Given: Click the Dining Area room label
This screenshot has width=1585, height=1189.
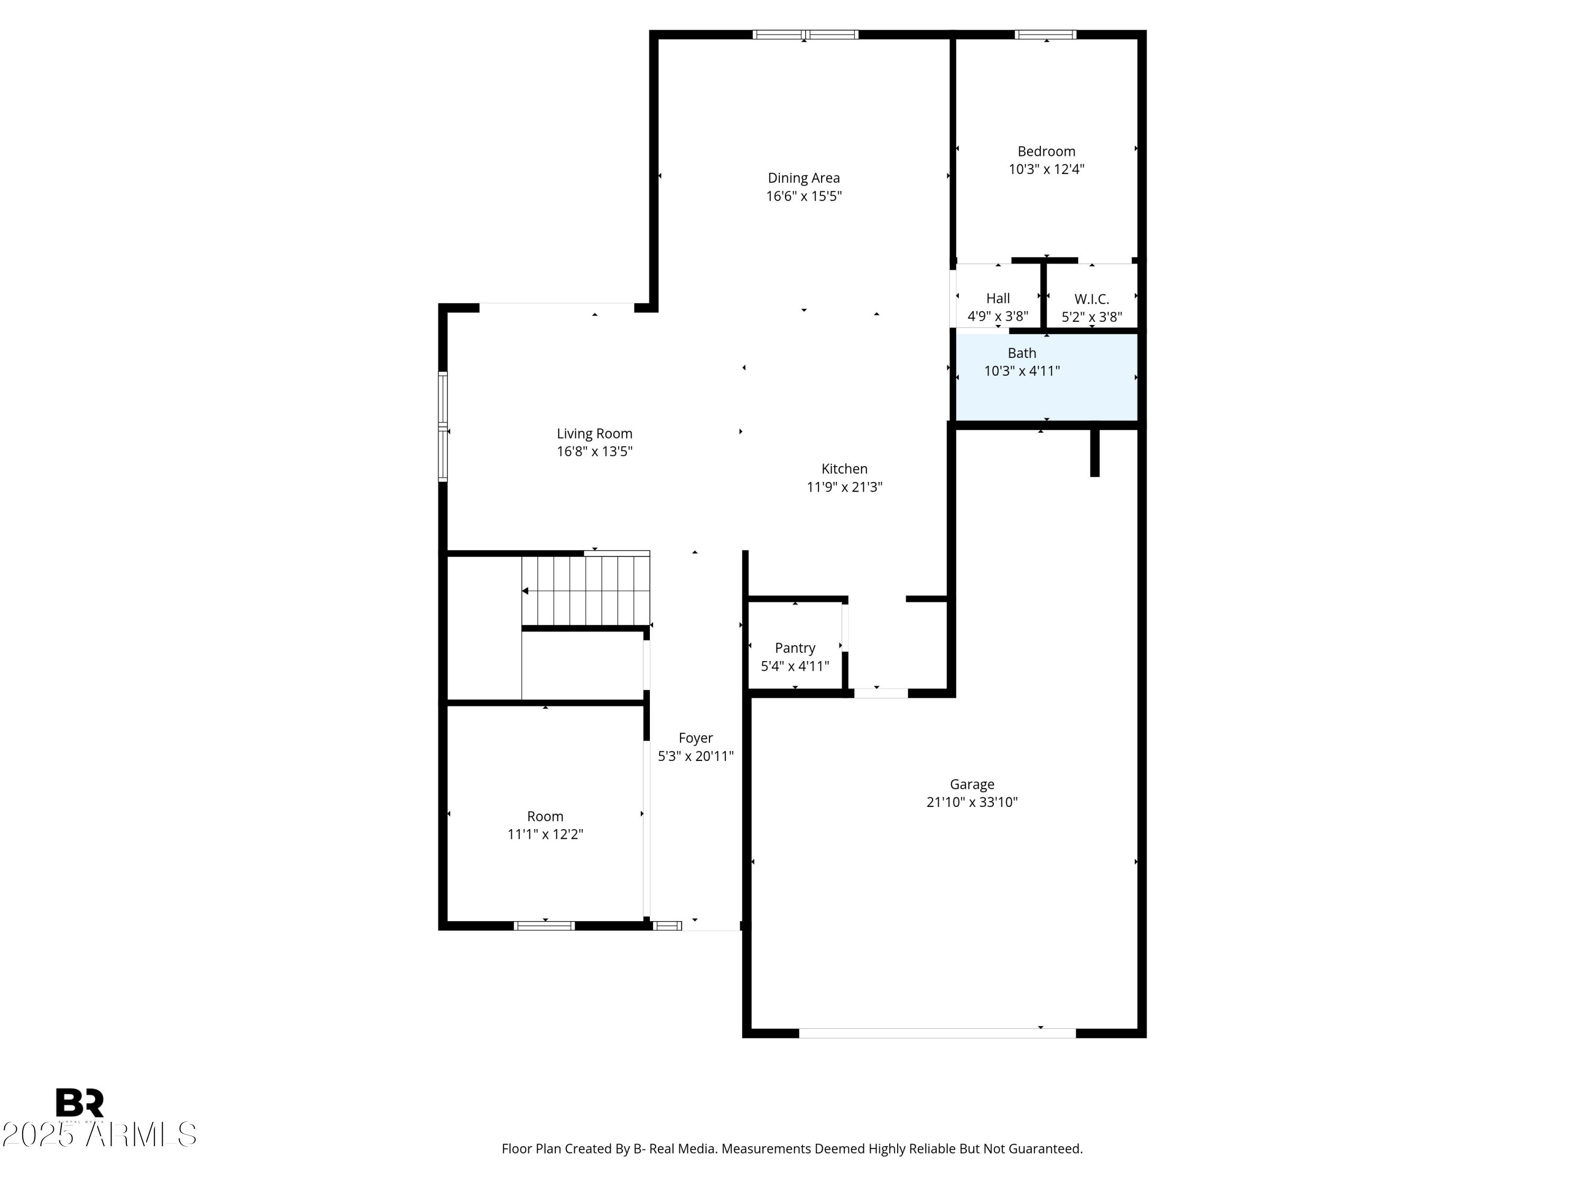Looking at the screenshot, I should click(803, 178).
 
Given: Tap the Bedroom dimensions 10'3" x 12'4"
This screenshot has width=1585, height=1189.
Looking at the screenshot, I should click(1046, 170).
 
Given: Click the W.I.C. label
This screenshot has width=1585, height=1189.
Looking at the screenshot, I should click(1092, 299).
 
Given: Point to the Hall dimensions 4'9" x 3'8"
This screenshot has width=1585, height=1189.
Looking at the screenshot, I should click(997, 316).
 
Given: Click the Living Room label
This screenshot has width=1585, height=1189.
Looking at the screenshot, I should click(594, 434).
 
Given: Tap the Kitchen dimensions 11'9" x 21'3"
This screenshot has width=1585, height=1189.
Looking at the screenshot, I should click(844, 487).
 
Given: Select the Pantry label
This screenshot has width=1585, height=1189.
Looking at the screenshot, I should click(795, 648).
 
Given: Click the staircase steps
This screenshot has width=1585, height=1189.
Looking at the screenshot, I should click(585, 591).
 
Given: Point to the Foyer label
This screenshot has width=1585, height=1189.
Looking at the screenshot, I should click(695, 738).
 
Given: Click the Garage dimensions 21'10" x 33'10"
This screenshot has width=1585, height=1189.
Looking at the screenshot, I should click(972, 802).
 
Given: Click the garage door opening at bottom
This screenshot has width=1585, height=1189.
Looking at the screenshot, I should click(937, 1033).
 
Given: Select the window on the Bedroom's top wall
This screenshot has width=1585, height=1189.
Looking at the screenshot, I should click(1046, 34).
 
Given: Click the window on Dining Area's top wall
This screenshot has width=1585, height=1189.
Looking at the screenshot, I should click(805, 34).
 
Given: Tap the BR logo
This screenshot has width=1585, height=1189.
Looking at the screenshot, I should click(80, 1102).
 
